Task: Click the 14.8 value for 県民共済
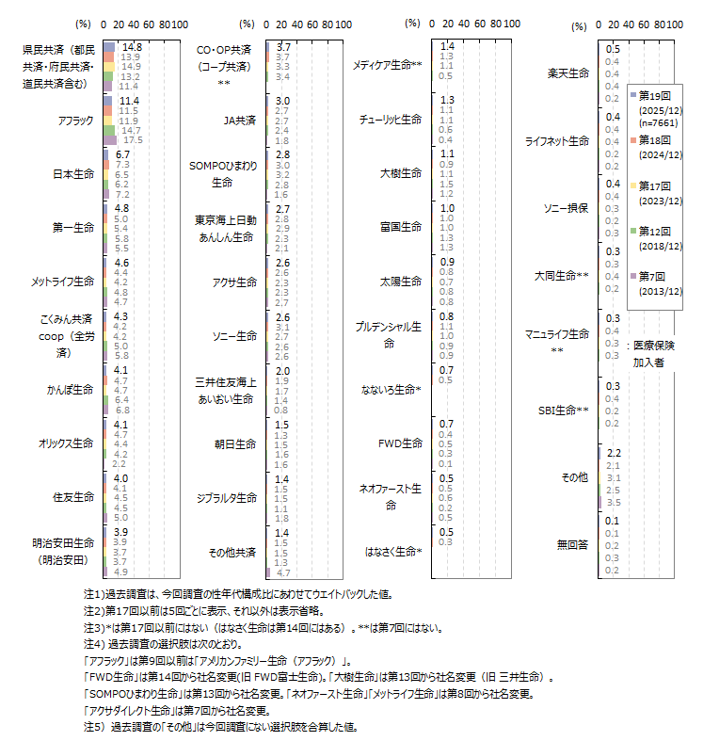pos(132,46)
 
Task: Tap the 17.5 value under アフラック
pos(133,140)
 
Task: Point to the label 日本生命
pos(73,173)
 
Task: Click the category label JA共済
pos(238,120)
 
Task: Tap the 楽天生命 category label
pos(567,72)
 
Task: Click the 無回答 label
pos(572,543)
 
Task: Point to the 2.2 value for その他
pos(614,453)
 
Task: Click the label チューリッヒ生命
pos(390,120)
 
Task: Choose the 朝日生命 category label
pos(235,443)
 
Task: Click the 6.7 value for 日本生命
pos(122,153)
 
